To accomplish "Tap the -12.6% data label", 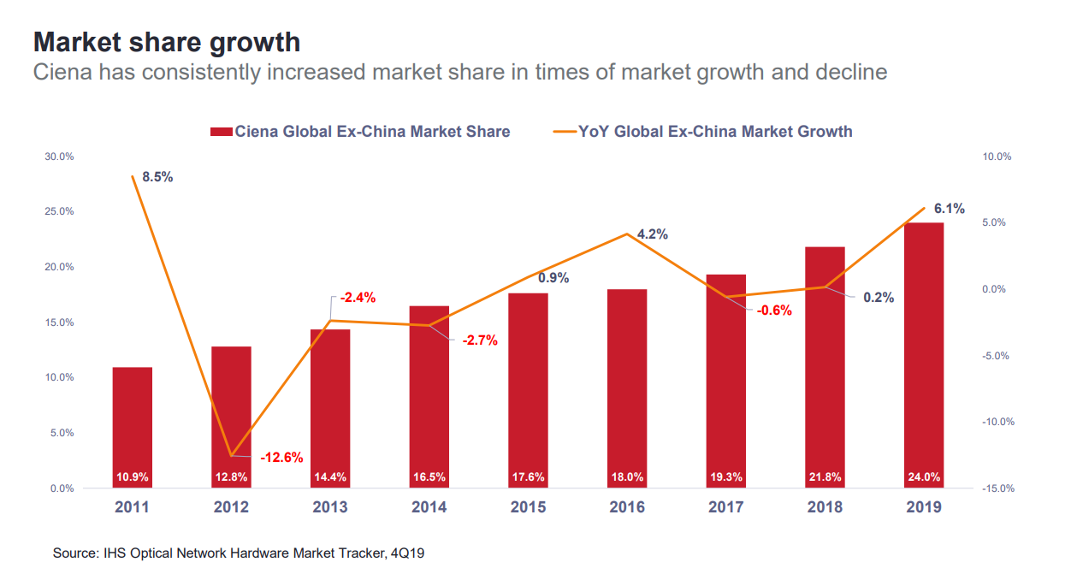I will (x=281, y=457).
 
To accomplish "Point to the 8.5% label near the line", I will (x=157, y=177).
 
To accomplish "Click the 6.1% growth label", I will (x=949, y=208).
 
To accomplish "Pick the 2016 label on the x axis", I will (x=627, y=507).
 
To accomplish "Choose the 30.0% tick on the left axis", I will (x=59, y=157).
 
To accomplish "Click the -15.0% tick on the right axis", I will (x=997, y=488).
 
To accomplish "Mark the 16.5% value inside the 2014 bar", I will (x=429, y=476).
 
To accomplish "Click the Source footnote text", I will (x=239, y=553).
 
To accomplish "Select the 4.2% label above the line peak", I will (x=652, y=234).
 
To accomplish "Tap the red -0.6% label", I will (x=774, y=311).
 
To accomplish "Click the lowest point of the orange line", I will (x=231, y=455).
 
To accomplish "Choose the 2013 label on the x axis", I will (x=330, y=507).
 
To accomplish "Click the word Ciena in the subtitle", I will (x=62, y=72).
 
